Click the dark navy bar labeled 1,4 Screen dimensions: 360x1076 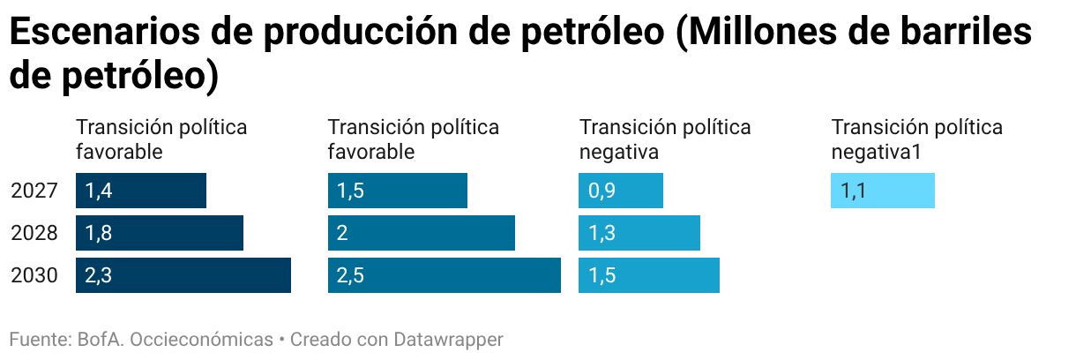(x=141, y=191)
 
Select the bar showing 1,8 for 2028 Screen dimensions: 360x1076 (x=160, y=233)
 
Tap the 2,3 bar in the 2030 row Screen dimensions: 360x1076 (x=183, y=275)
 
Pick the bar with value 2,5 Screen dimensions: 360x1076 (x=445, y=275)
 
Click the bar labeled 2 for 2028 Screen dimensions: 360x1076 (x=422, y=233)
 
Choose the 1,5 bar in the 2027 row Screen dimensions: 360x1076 (x=398, y=191)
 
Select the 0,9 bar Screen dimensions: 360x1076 (x=621, y=191)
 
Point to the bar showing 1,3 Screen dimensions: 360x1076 (x=639, y=233)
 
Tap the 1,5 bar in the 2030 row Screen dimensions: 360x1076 (x=649, y=275)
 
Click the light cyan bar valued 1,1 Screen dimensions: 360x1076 (x=883, y=191)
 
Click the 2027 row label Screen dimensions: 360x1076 (x=35, y=191)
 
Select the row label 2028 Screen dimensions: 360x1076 (x=35, y=233)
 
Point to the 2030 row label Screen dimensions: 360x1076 (x=35, y=275)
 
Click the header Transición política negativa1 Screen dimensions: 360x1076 (x=917, y=139)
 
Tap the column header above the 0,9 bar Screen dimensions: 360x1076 (x=665, y=139)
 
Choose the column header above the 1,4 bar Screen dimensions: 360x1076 (x=161, y=139)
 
